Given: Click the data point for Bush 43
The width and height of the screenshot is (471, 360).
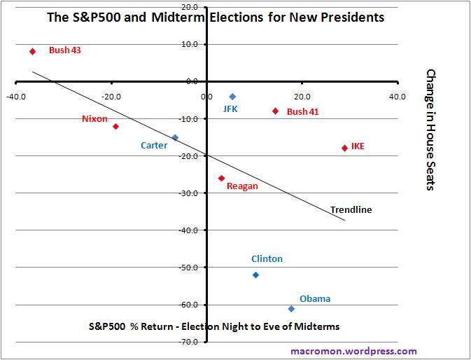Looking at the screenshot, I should click(x=32, y=51).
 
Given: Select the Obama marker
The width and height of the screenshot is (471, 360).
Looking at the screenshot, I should click(x=291, y=309).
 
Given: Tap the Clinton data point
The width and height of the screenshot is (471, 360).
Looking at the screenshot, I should click(x=255, y=275).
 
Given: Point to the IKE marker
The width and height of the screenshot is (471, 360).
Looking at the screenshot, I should click(x=344, y=148).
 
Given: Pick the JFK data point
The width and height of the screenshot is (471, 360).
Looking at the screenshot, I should click(x=232, y=97).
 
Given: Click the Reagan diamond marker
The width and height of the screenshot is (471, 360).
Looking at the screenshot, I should click(x=221, y=178).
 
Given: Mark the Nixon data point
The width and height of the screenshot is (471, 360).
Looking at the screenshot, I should click(x=115, y=127).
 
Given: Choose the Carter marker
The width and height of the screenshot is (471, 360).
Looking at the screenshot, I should click(x=175, y=137).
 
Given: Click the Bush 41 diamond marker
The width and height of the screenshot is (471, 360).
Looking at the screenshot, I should click(x=275, y=111).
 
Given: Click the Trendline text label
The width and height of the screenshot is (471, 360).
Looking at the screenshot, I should click(x=351, y=209).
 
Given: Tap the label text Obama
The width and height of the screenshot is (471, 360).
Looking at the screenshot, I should click(x=315, y=299).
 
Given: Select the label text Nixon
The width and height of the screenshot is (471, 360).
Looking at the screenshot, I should click(x=94, y=118).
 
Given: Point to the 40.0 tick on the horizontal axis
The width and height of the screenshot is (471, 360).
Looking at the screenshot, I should click(x=397, y=97).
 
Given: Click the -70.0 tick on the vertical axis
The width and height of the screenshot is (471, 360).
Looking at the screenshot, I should click(x=190, y=342).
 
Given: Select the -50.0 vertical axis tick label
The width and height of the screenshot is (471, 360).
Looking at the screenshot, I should click(x=190, y=267).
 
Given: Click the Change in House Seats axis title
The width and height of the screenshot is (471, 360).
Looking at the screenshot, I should click(x=431, y=130).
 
